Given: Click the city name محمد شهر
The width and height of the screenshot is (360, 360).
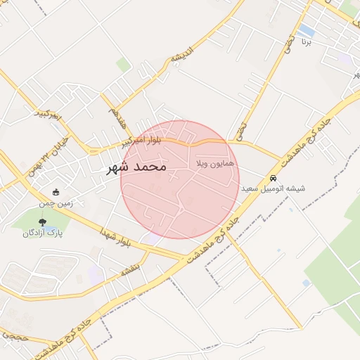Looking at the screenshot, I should (x=136, y=167).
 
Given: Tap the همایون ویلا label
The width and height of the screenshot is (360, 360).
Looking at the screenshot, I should (x=216, y=163).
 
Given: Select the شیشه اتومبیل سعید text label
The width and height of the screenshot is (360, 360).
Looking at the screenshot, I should (x=273, y=188).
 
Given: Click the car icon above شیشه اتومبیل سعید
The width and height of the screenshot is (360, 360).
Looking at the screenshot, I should (x=273, y=178).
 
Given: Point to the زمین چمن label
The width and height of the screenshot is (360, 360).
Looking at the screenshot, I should (x=56, y=202).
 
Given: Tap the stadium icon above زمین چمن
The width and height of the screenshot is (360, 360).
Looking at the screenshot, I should (x=56, y=192).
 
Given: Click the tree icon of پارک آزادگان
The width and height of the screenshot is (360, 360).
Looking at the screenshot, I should (x=44, y=222).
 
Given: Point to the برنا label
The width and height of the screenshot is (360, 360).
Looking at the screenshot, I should (x=305, y=42).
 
